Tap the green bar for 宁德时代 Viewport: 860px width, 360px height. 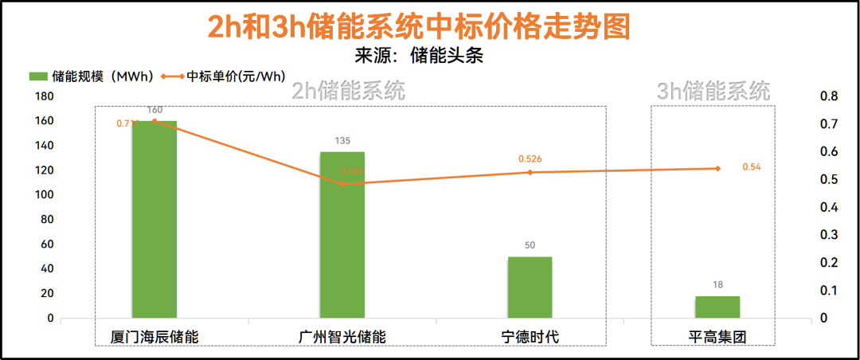tap(530, 288)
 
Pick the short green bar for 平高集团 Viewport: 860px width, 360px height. tap(717, 307)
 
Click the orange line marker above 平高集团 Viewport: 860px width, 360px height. tap(717, 168)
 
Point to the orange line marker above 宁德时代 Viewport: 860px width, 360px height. tap(530, 172)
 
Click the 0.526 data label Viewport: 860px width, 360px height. tap(530, 159)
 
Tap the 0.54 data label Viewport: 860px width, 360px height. tap(751, 167)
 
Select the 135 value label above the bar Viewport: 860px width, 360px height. tap(342, 141)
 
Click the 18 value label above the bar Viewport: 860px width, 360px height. tap(717, 284)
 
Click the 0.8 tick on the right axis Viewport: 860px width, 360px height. tap(829, 96)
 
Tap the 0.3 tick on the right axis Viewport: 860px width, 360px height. tap(829, 235)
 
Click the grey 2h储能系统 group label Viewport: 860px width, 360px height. tap(349, 91)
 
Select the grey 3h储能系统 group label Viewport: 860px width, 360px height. tap(713, 91)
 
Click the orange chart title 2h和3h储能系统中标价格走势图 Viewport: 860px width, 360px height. tap(419, 27)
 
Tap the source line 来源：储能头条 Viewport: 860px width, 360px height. tap(420, 55)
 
